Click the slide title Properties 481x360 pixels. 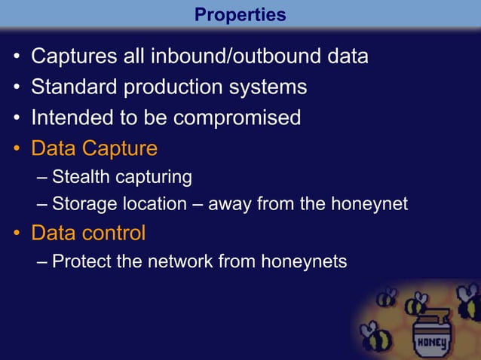[240, 15]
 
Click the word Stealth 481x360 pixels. [79, 177]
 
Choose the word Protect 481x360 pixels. [81, 261]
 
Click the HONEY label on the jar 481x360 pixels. [432, 344]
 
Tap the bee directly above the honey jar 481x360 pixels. [416, 304]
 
